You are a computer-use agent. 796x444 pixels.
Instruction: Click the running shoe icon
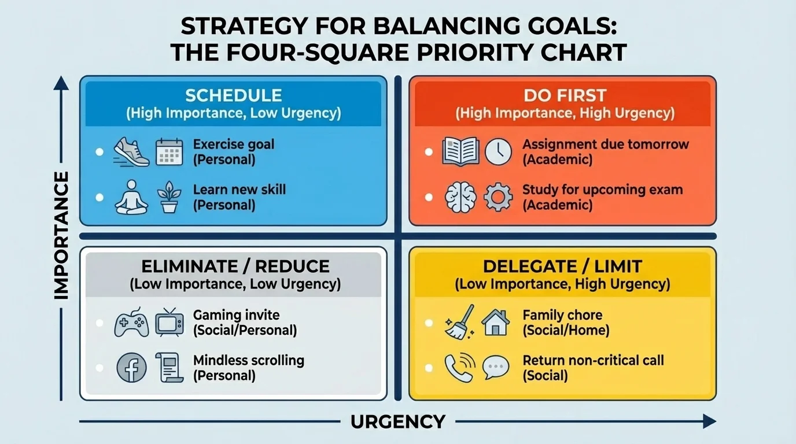pos(131,151)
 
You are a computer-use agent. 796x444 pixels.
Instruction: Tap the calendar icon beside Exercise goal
pos(169,151)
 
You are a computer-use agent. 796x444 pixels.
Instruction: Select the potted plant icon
pos(169,197)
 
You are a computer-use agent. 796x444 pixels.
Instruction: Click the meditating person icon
pos(131,197)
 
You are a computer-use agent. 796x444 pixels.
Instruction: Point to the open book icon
pos(460,151)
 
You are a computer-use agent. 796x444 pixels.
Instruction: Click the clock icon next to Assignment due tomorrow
pos(498,151)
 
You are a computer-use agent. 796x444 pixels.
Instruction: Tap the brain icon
pos(460,197)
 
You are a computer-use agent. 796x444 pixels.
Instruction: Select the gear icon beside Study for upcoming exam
pos(497,197)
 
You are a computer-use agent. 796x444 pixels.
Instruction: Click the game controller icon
pos(131,323)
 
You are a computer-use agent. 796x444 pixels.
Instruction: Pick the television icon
pos(169,322)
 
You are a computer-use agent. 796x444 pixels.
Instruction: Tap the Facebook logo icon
pos(131,368)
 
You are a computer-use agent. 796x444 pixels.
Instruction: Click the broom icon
pos(460,321)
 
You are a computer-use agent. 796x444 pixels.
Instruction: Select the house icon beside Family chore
pos(496,321)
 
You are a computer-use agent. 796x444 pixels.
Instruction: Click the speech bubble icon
pos(496,368)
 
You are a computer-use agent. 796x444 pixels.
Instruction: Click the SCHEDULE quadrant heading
pos(233,95)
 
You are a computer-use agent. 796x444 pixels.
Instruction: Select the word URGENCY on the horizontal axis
pos(398,421)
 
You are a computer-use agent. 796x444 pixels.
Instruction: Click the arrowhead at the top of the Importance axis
pos(61,83)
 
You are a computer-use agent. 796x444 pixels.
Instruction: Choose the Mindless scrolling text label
pos(249,360)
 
